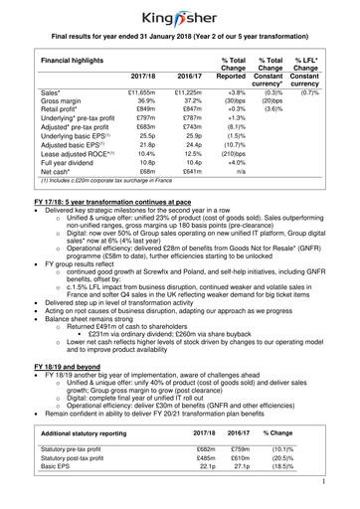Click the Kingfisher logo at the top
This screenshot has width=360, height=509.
[x=180, y=15]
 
